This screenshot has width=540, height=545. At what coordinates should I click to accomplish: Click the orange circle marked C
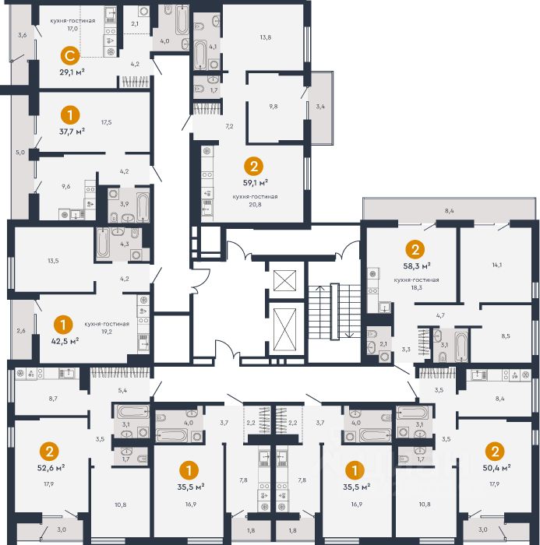coord(70,55)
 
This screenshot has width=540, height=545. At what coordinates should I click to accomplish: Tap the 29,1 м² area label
coord(72,72)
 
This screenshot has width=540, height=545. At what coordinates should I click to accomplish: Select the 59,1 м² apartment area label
coord(255,182)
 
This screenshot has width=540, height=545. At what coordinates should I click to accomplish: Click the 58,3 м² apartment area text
coord(416,266)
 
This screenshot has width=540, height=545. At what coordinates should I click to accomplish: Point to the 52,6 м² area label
coord(51,467)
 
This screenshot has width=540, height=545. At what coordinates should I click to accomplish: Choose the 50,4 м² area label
coord(496,467)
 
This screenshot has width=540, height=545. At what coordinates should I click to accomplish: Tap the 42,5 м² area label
coord(65,341)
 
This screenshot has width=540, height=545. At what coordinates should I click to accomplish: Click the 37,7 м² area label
coord(72,132)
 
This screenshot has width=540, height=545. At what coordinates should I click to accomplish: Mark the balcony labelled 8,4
coord(449,209)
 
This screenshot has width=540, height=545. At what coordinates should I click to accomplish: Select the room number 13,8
coord(265,37)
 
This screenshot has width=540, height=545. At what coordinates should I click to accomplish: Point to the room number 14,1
coord(497,265)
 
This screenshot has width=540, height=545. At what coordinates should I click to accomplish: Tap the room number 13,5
coord(53,261)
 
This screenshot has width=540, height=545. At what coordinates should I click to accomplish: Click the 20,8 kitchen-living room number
coord(255,204)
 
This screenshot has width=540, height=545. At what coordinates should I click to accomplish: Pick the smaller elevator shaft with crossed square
coord(284,280)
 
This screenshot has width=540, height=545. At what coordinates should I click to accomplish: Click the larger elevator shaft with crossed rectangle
coord(284,330)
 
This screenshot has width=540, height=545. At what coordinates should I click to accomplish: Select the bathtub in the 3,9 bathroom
coord(143,207)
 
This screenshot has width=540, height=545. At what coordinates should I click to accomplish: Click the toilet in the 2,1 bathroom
coord(372,335)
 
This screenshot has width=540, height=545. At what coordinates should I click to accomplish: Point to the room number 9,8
coord(274,107)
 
